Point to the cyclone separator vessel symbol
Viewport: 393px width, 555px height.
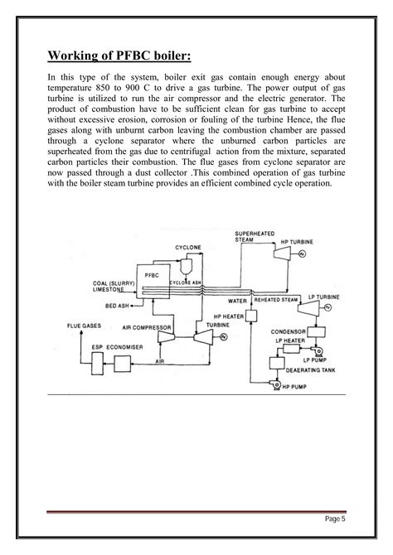187,263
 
